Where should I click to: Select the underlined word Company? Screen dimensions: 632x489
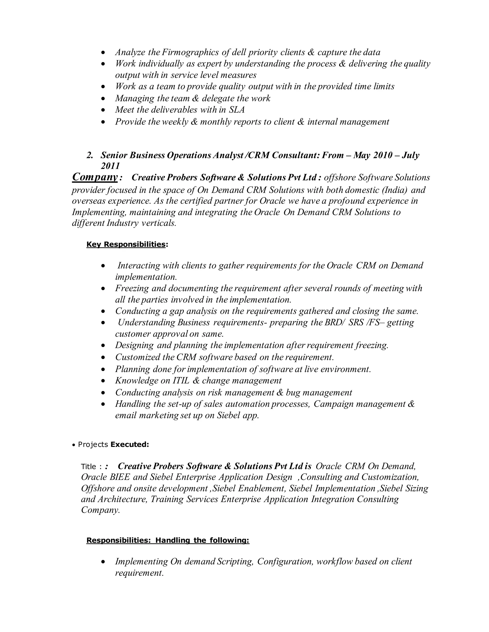[95, 177]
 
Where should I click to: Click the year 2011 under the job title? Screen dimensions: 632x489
[110, 166]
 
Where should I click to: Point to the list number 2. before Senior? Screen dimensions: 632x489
[90, 155]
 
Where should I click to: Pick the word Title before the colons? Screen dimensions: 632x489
[88, 466]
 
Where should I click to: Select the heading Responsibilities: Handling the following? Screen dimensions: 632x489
[168, 540]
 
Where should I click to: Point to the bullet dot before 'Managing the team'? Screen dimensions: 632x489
[103, 99]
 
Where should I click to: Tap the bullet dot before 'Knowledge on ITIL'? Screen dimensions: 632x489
[103, 381]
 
